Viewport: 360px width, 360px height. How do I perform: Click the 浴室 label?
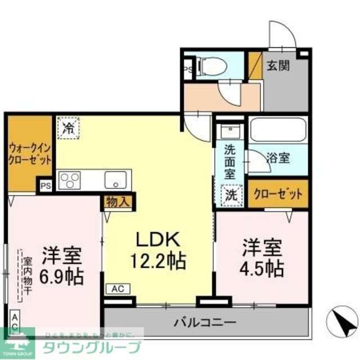pos(278,159)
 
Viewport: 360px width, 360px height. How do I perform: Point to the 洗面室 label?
pos(230,162)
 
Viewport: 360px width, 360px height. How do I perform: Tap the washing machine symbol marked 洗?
pos(231,195)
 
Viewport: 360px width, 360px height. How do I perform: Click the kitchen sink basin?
pos(117,181)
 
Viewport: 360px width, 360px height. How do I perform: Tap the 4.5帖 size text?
pos(262,268)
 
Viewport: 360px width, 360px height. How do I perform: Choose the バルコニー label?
pos(205,323)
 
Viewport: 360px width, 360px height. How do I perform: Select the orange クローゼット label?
pos(278,194)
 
